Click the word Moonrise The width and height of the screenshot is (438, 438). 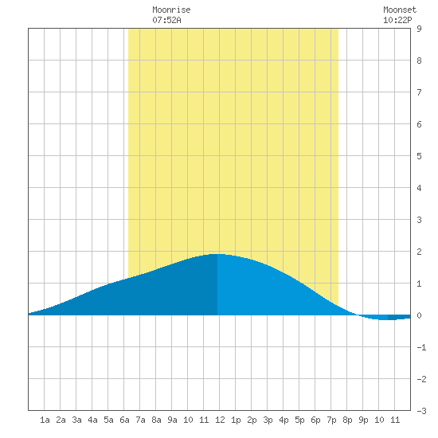(171, 10)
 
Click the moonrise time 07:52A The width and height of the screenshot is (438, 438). (166, 20)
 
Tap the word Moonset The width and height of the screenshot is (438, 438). (400, 10)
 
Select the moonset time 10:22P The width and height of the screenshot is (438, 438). (397, 20)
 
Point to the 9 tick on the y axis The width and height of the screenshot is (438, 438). (419, 29)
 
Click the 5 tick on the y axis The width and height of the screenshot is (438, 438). (419, 156)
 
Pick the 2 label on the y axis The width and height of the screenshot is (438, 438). (419, 252)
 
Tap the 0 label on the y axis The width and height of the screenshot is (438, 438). (419, 315)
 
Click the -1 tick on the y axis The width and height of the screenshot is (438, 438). (421, 347)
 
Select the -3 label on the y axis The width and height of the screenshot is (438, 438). (421, 411)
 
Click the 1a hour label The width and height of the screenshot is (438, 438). (45, 420)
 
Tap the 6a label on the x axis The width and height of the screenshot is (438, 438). (124, 420)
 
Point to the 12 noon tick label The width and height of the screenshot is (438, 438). (220, 420)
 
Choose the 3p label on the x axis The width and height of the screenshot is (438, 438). (268, 420)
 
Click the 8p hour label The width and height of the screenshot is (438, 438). (347, 420)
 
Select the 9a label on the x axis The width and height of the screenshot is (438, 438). (172, 420)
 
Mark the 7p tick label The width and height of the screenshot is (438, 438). (331, 420)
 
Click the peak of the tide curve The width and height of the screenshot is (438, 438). (217, 254)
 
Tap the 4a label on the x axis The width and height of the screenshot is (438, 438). (92, 420)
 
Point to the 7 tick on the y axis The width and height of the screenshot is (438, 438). (419, 92)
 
